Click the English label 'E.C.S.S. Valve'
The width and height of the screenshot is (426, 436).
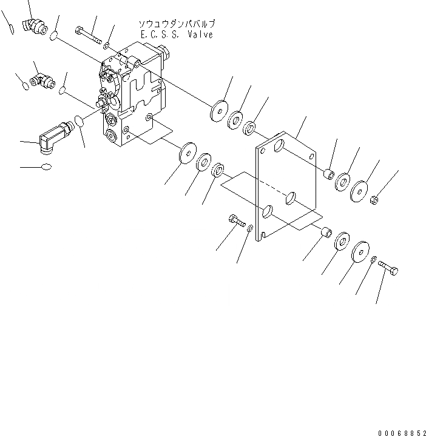click(177, 35)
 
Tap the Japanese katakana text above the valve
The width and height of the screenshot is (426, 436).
click(177, 24)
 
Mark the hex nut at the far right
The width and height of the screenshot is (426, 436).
click(375, 198)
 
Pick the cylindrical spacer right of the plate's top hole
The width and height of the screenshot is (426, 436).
click(330, 174)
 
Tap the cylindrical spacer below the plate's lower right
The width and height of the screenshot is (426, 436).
click(325, 231)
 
